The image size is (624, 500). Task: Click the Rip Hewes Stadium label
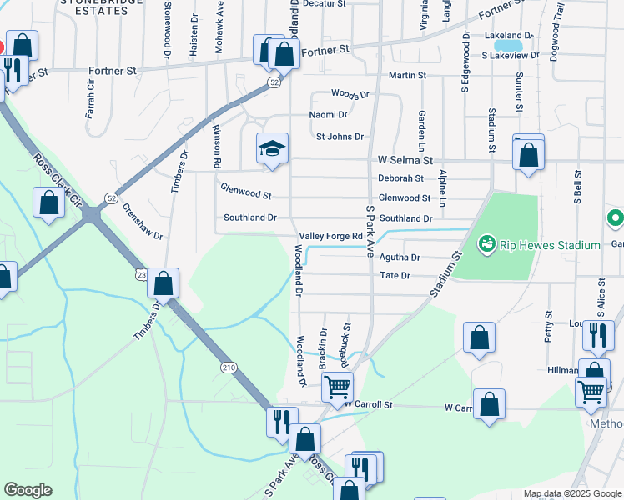tap(551, 245)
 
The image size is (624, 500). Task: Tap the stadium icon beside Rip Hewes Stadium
tap(486, 245)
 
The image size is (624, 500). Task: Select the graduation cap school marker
tap(272, 150)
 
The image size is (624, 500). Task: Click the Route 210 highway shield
tap(229, 367)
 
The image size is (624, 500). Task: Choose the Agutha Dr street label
tap(400, 257)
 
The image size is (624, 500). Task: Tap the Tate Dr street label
tap(395, 275)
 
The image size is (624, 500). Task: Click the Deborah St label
tap(400, 177)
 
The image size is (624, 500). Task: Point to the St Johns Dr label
tap(340, 137)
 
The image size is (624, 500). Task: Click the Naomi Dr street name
tap(328, 115)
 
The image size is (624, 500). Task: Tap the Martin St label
tap(407, 75)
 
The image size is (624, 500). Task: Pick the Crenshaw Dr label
tap(142, 221)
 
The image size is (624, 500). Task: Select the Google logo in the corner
tap(27, 490)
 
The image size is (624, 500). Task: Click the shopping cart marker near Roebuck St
tap(337, 387)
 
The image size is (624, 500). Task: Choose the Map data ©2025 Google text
tap(572, 493)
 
